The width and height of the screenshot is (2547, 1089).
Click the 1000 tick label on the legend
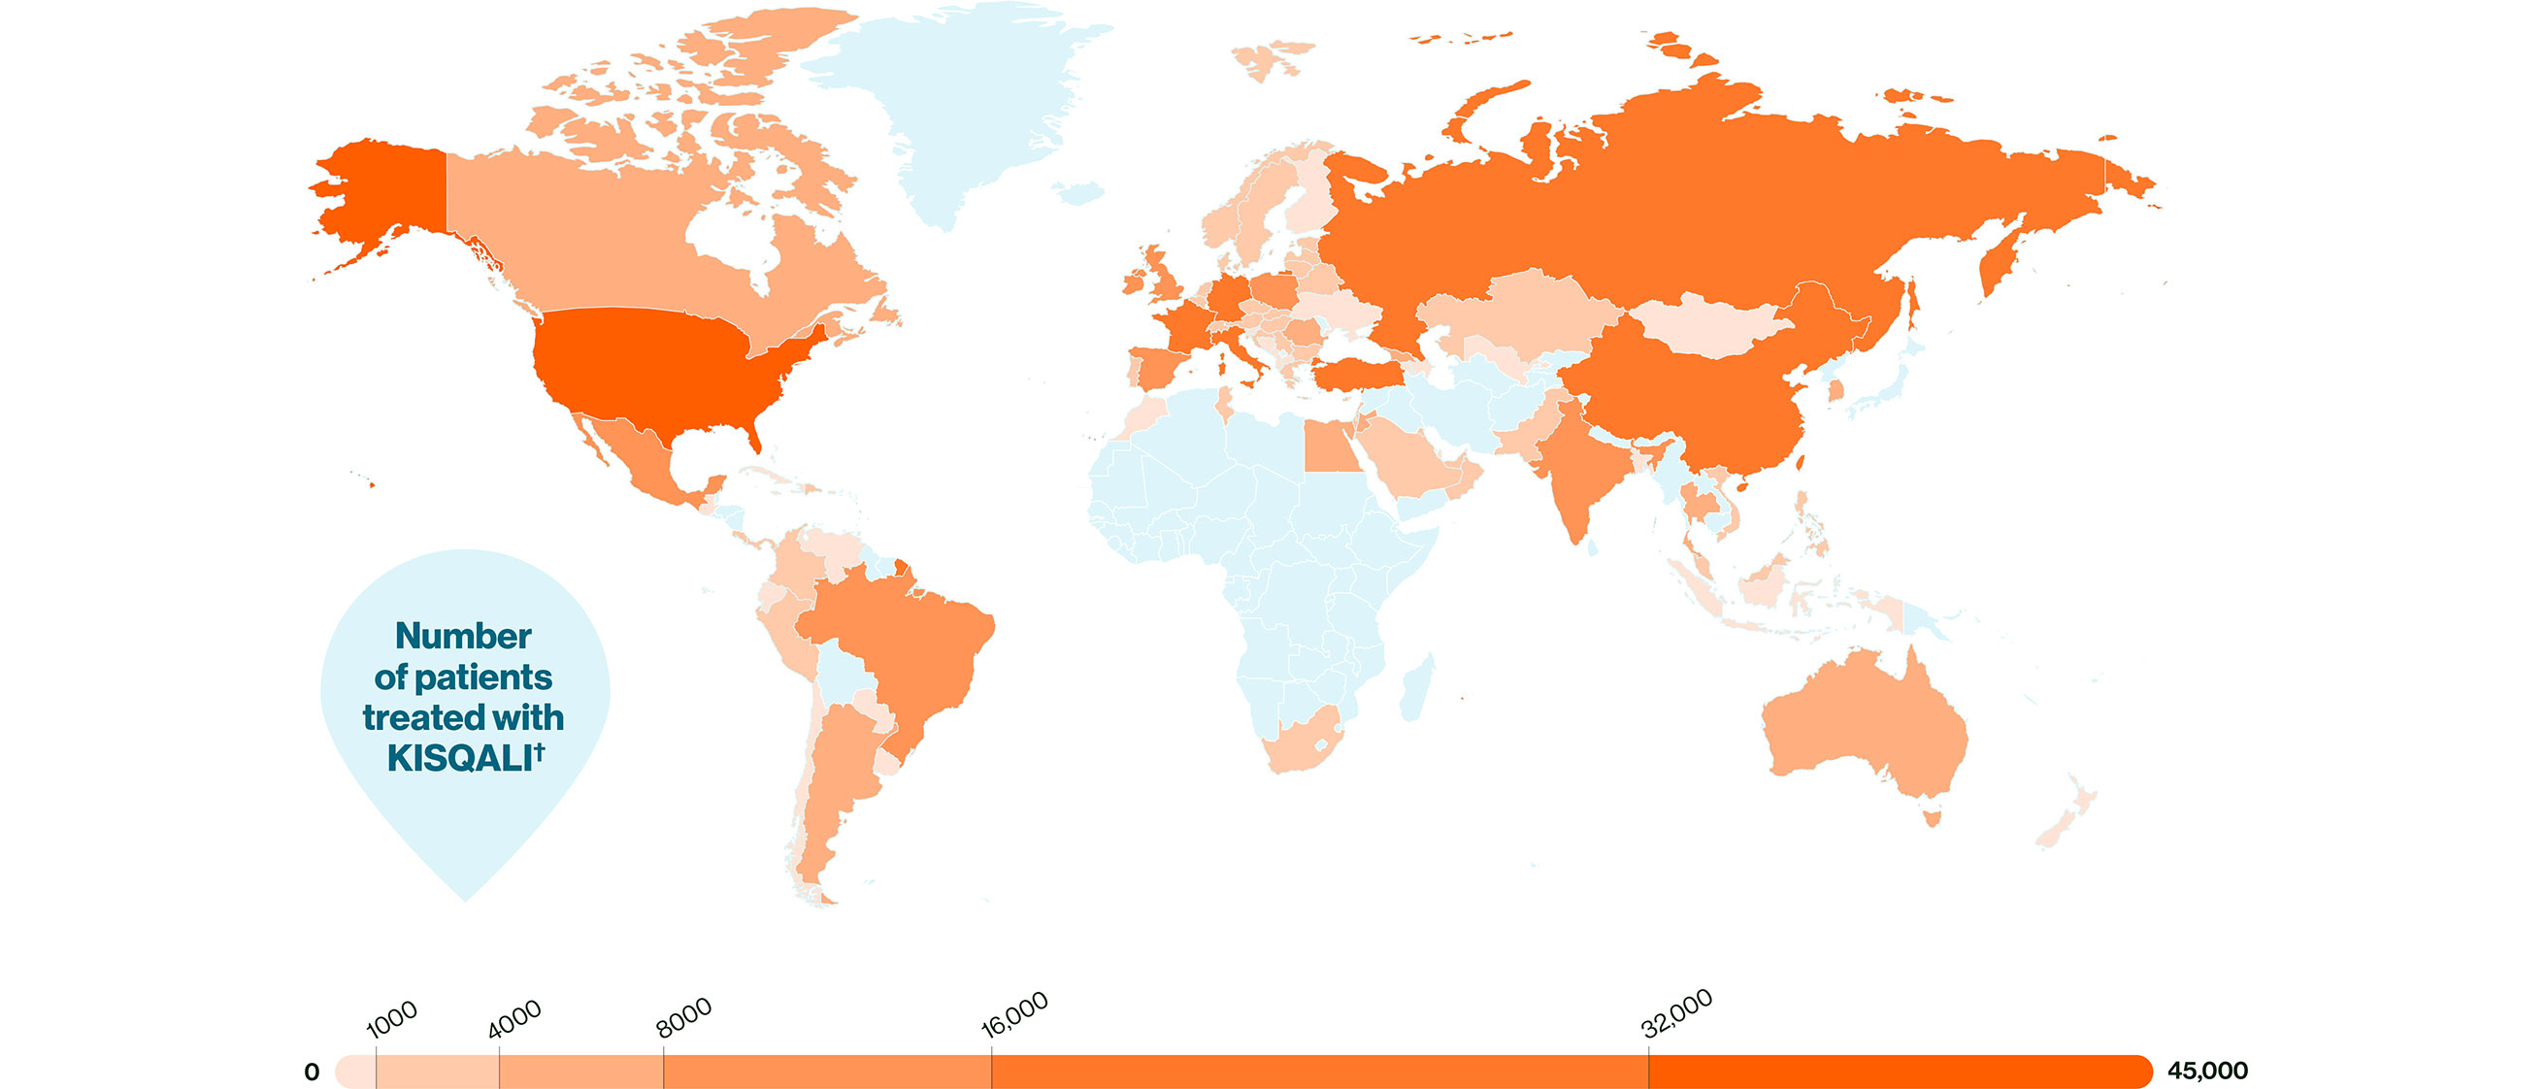pos(392,1018)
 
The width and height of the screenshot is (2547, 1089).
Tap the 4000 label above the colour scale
pos(514,1019)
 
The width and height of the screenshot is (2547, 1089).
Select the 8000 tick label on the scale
pos(683,1017)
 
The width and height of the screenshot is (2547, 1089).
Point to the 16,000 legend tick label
pos(1014,1015)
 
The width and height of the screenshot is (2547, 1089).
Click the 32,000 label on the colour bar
pos(1677,1014)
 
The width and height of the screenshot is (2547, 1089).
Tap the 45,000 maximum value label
pos(2207,1072)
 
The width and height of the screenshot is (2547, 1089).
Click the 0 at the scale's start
pos(312,1072)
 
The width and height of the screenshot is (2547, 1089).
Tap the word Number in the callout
pos(463,636)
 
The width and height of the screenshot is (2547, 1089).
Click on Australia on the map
pos(1859,722)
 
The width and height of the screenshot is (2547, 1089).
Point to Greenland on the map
pos(949,109)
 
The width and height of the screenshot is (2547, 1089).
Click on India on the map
pos(1582,465)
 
